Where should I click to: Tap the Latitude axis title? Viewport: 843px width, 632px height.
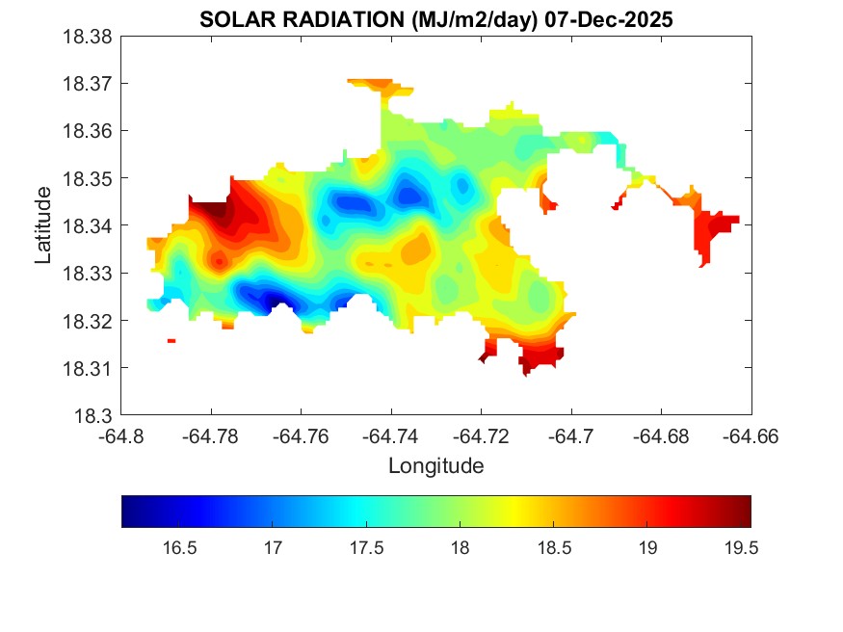point(42,225)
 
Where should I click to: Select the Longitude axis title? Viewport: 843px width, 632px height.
point(435,466)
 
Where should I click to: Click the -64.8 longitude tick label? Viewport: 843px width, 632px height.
point(121,436)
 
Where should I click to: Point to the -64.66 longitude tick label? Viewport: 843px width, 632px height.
point(751,436)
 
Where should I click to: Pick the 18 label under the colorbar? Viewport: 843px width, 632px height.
point(460,548)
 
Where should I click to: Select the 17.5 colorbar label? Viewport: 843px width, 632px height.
point(366,548)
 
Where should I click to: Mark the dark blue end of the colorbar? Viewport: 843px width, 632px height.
point(127,512)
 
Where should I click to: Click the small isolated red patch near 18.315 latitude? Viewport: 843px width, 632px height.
point(171,340)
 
